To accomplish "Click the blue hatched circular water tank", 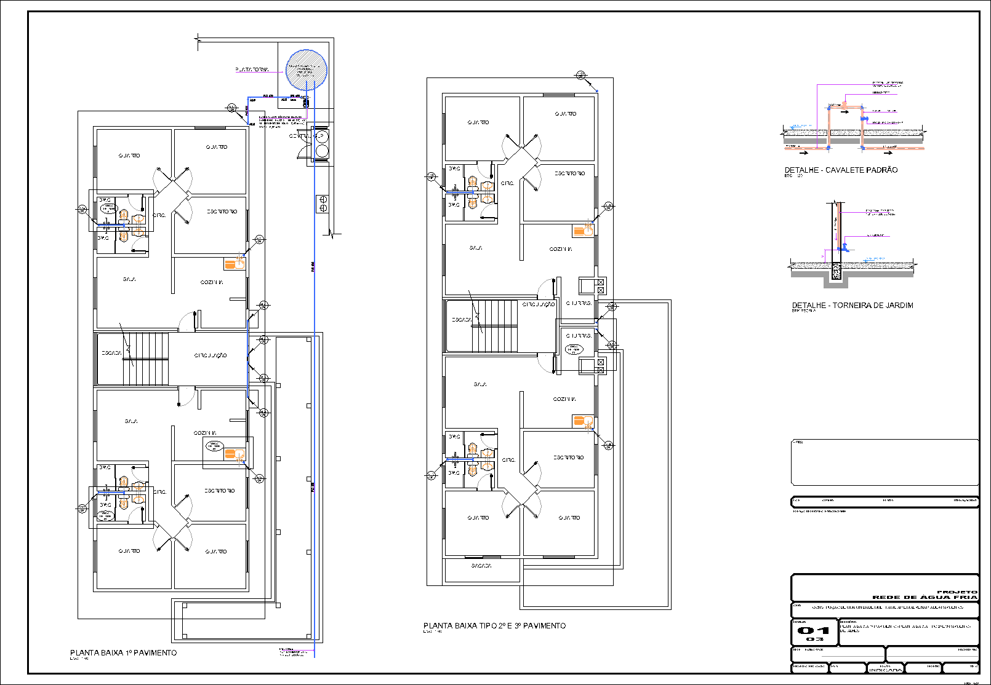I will tap(306, 70).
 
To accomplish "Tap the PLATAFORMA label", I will tap(252, 70).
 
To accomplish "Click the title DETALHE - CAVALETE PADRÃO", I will tap(841, 170).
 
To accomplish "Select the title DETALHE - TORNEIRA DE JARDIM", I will tap(853, 305).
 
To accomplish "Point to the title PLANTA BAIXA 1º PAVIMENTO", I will tap(123, 652).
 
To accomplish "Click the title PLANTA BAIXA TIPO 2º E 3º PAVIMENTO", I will tap(494, 625).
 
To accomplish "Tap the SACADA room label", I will tap(481, 566).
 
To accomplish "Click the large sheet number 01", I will tap(814, 630).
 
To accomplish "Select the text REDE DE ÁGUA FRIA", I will tap(925, 597).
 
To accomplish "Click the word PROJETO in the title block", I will tap(957, 592).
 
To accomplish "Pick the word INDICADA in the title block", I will tap(885, 670).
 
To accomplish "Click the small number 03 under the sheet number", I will tap(814, 639).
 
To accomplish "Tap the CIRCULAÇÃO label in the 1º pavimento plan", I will tap(211, 355).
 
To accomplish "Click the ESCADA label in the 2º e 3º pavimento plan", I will tap(461, 320).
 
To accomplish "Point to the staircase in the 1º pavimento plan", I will tap(146, 358).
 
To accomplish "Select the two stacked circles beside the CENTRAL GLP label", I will tap(322, 143).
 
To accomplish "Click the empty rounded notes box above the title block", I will tap(885, 462).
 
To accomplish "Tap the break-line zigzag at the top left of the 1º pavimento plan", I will tap(198, 42).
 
